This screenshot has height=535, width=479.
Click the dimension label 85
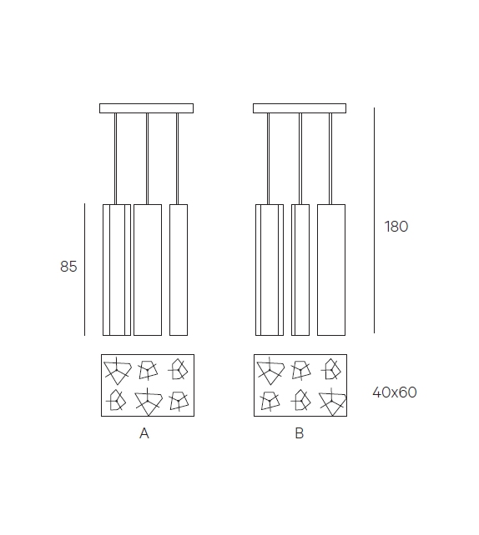click(68, 267)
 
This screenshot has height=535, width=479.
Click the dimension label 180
click(396, 227)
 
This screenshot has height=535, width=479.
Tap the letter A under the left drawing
click(144, 433)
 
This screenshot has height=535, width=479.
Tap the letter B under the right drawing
click(299, 433)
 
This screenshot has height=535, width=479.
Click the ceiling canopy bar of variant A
click(146, 108)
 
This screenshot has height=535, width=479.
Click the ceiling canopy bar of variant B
click(300, 108)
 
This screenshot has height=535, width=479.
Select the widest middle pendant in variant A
click(147, 269)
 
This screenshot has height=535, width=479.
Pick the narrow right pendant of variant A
click(178, 269)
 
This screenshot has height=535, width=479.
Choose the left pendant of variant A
click(116, 269)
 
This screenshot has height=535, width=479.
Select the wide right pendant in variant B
click(331, 269)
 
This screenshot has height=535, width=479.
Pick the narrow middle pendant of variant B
click(300, 269)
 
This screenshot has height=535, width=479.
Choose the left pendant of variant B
click(269, 269)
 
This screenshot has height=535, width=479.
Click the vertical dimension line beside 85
click(85, 269)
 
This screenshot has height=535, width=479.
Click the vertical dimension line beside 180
click(374, 221)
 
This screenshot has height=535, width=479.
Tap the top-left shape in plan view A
click(116, 370)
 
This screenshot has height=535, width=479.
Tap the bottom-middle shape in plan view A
click(147, 402)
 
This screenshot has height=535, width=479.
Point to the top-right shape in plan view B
click(330, 369)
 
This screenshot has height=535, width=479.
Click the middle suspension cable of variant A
click(147, 158)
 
